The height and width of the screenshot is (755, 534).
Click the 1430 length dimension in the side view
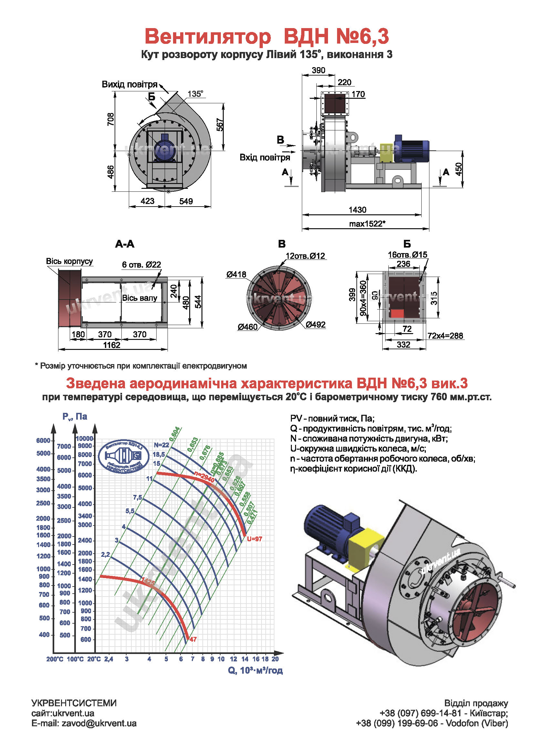[x=357, y=210]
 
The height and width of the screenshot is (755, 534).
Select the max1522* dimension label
[x=367, y=224]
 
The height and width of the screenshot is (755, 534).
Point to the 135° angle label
[x=195, y=94]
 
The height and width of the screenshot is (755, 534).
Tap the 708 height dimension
[x=111, y=119]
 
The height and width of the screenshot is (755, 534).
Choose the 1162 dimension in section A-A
[x=112, y=345]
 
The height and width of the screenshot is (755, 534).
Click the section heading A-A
[x=125, y=244]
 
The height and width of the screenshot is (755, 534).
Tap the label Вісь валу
[x=140, y=298]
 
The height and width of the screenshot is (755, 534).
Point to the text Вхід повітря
[x=265, y=158]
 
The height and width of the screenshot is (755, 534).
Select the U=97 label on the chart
[x=254, y=539]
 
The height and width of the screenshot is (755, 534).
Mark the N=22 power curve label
[x=161, y=445]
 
